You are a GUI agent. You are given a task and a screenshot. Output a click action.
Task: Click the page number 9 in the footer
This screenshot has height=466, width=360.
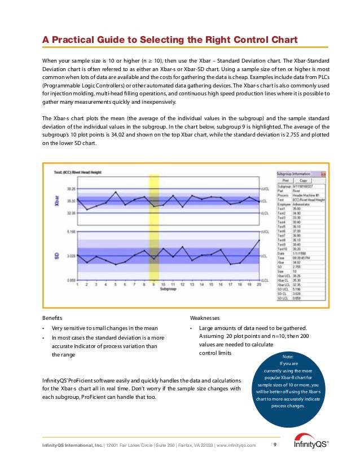274,445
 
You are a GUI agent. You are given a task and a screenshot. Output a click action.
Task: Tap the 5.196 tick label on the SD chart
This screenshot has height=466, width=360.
72,231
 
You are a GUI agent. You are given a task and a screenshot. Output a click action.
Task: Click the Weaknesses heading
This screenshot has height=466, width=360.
206,318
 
